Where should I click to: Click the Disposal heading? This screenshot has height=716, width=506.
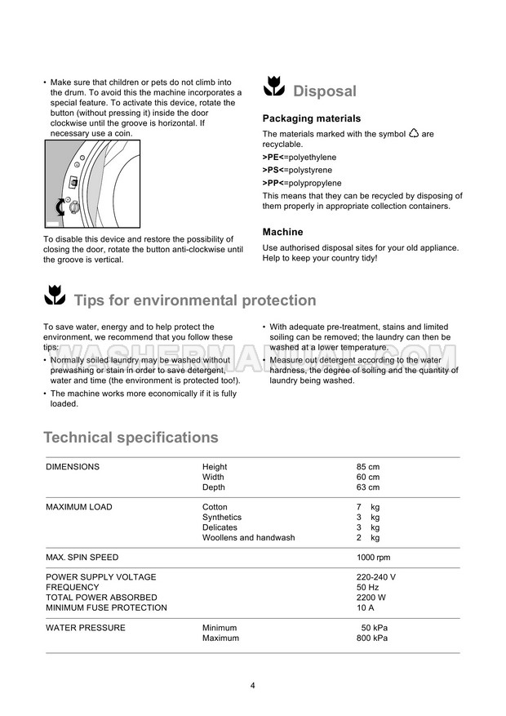324,91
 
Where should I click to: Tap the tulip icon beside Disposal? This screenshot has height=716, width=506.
273,89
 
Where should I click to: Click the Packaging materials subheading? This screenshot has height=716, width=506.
310,118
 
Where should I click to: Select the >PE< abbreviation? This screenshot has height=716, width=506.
273,158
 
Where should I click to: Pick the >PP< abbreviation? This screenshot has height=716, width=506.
273,183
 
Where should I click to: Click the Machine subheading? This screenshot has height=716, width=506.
282,232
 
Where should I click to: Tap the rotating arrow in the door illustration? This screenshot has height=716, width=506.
60,207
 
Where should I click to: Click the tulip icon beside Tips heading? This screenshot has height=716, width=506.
54,299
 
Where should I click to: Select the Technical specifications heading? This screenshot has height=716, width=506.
131,438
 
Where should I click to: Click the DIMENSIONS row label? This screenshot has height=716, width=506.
73,467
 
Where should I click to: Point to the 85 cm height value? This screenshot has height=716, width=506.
367,467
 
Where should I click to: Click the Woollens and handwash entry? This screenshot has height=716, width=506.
249,538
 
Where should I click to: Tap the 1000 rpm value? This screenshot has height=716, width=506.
373,558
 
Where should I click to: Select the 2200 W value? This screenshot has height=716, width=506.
371,598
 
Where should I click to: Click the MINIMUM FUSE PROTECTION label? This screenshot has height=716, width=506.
106,607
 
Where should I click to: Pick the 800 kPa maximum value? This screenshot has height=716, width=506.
371,638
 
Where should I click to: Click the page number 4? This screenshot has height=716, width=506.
253,685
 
